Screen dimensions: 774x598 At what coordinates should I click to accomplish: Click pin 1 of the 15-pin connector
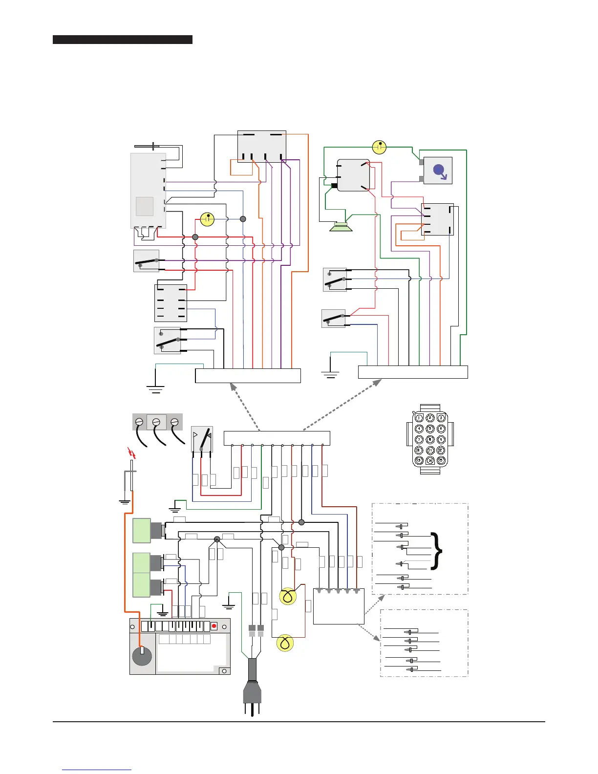[419, 418]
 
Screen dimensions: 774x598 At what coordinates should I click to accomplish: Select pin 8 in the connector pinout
[430, 440]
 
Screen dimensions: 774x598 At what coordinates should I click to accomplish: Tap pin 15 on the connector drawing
[441, 461]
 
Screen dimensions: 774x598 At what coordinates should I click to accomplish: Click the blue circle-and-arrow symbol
[439, 171]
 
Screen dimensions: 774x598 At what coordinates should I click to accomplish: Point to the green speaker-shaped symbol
[341, 227]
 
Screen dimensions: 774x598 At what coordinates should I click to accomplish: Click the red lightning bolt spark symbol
[130, 453]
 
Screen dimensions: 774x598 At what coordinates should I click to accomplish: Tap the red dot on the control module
[214, 626]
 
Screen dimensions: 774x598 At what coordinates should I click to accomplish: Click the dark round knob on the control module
[142, 656]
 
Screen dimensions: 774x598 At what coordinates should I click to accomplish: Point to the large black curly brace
[438, 551]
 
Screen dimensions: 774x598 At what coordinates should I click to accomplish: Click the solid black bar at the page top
[122, 40]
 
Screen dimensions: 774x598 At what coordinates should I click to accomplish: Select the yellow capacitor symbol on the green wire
[379, 147]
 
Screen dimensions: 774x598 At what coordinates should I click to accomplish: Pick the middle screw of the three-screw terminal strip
[156, 422]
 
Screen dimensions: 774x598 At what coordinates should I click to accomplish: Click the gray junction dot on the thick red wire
[195, 237]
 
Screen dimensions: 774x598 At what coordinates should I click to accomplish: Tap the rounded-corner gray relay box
[353, 174]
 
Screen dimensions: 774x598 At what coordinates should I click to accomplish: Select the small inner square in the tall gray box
[145, 206]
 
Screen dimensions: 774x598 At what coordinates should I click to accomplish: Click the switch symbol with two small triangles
[202, 439]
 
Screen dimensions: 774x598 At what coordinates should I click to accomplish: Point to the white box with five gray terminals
[338, 606]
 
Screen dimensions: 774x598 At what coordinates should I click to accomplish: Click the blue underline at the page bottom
[97, 770]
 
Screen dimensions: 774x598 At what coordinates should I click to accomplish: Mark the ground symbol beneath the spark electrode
[125, 502]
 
